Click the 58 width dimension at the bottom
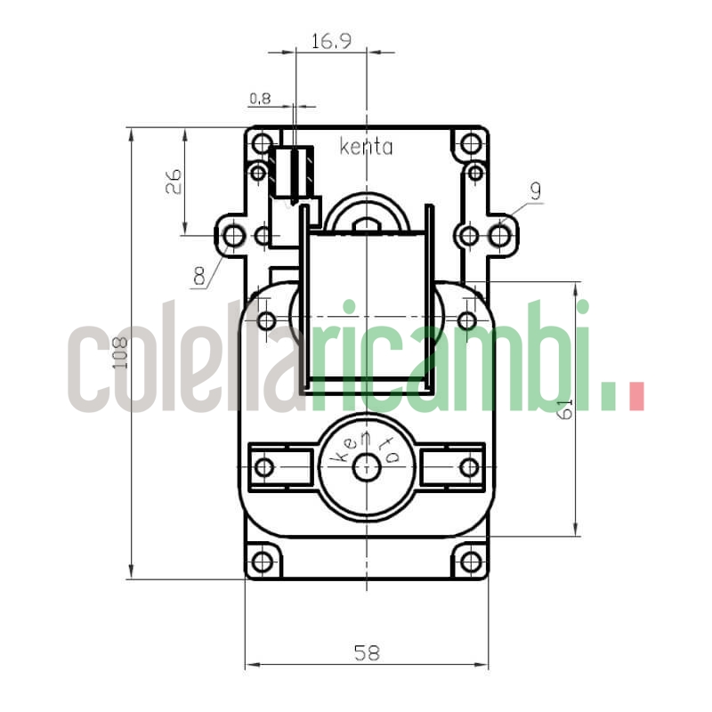pos(366,652)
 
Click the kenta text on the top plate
pos(366,148)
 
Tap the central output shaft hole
pos(367,466)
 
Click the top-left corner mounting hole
pos(262,143)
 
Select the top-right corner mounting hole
pos(470,143)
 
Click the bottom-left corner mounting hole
pos(262,562)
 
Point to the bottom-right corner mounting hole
pos(470,562)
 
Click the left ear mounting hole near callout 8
pos(233,236)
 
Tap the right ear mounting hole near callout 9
pos(500,236)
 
